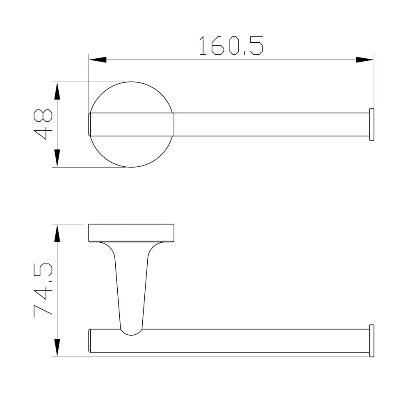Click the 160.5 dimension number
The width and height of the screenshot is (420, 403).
tap(231, 46)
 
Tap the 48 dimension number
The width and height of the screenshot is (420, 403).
tap(43, 124)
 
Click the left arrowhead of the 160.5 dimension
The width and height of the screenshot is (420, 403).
tap(98, 60)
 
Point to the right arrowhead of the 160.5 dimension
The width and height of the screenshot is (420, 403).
tap(365, 60)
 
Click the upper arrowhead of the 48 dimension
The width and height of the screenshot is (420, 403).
tap(57, 91)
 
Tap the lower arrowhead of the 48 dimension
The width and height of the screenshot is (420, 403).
tap(57, 158)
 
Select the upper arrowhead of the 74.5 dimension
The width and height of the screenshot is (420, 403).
tap(57, 233)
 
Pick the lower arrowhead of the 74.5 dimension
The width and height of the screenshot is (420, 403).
tap(57, 348)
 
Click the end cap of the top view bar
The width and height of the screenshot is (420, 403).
tap(372, 124)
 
